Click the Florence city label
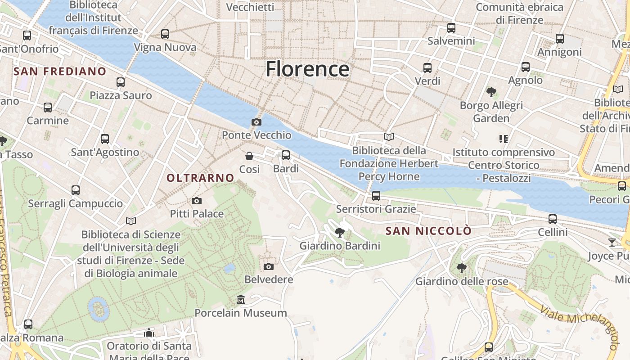tap(307, 69)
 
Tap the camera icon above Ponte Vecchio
tap(256, 122)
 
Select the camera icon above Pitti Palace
tap(197, 201)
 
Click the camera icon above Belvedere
tap(269, 266)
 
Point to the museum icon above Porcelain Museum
tap(241, 300)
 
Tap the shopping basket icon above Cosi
tap(249, 156)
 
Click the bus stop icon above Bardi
tap(286, 155)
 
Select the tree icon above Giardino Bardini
tap(340, 233)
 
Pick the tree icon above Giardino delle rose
tap(461, 268)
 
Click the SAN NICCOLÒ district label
tap(429, 231)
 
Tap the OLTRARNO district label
tap(200, 178)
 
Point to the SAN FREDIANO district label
tap(60, 71)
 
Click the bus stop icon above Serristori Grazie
tap(376, 196)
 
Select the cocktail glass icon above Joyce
tap(612, 243)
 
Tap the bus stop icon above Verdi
tap(427, 68)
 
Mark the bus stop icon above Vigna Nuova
tap(165, 34)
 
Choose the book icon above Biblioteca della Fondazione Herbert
tap(389, 137)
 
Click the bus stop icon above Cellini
tap(553, 219)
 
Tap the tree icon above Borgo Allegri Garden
tap(491, 92)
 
